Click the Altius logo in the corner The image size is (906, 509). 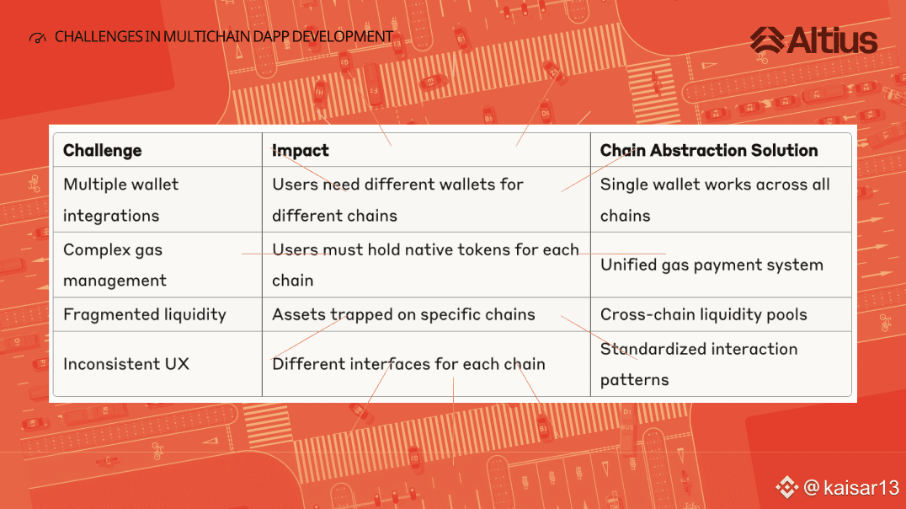pyautogui.click(x=813, y=40)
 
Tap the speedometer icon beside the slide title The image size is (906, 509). pyautogui.click(x=38, y=38)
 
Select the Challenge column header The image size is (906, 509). pyautogui.click(x=102, y=150)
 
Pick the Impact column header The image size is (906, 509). pyautogui.click(x=300, y=150)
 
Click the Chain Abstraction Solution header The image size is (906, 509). pyautogui.click(x=709, y=150)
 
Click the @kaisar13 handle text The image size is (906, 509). pyautogui.click(x=851, y=488)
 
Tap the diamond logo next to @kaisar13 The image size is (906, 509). pyautogui.click(x=786, y=487)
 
